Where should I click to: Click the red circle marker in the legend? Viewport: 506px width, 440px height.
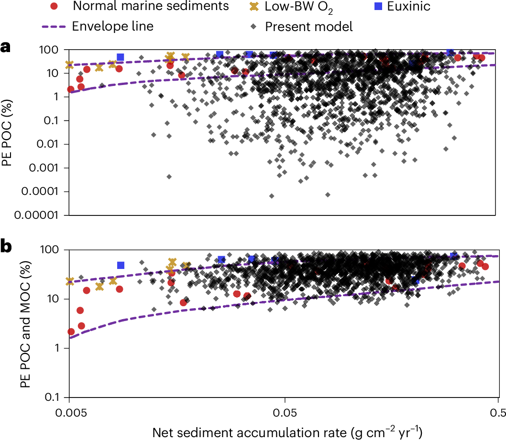click(x=55, y=7)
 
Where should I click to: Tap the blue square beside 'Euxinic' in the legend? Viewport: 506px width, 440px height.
click(x=378, y=7)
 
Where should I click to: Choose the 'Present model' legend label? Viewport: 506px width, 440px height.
click(x=308, y=26)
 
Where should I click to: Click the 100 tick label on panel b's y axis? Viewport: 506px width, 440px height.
click(x=50, y=249)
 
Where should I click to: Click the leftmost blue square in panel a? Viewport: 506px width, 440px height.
click(x=121, y=57)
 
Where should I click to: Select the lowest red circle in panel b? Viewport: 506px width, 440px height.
click(x=71, y=332)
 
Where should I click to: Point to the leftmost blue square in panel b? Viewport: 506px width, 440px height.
click(x=121, y=265)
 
